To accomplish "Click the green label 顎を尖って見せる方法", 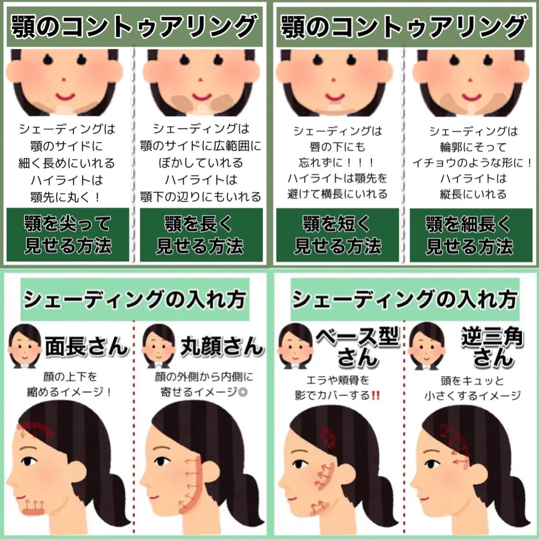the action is click(68, 234).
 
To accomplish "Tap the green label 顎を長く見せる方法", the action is click(201, 234).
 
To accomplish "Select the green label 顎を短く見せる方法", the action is click(338, 234).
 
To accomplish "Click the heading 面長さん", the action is click(87, 346).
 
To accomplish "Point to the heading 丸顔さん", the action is click(222, 346).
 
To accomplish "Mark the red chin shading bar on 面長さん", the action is click(33, 512).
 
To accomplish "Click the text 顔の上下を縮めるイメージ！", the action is click(70, 384).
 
